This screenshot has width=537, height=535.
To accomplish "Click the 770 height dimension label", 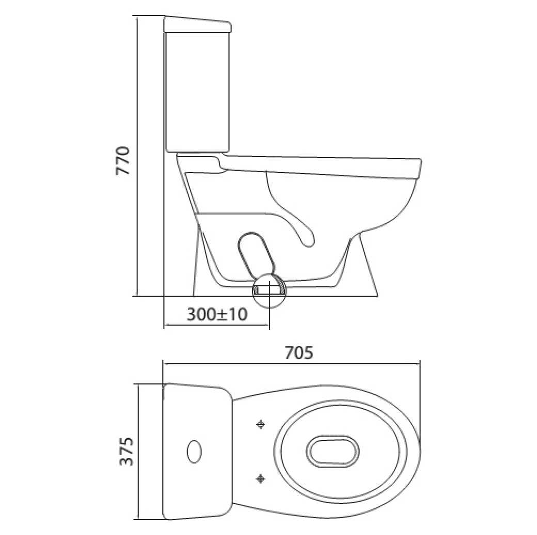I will pos(125,161).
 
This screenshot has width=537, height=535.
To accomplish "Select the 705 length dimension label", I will pos(299,353).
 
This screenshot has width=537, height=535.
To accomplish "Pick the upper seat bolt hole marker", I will pos(261,424).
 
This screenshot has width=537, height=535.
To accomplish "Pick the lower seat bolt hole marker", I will pos(261,479).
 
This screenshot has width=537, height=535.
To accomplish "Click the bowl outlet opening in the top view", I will pos(331,451).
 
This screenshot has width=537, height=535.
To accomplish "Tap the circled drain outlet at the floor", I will pos(269,290).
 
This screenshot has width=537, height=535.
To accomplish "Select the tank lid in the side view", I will pos(197,25).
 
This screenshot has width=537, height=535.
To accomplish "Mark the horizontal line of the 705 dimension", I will pos(292,363).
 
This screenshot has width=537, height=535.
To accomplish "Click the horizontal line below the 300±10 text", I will pos(217,326).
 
